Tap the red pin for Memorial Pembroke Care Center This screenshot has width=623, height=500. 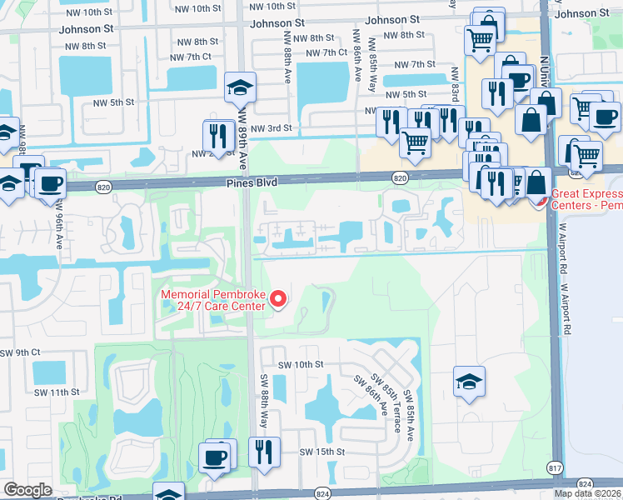coord(280,297)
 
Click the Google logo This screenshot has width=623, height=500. coord(28,490)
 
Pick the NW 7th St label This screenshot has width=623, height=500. coord(415,64)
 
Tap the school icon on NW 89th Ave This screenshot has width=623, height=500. coord(241,87)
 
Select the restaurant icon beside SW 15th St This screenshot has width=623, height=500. coord(263,454)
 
